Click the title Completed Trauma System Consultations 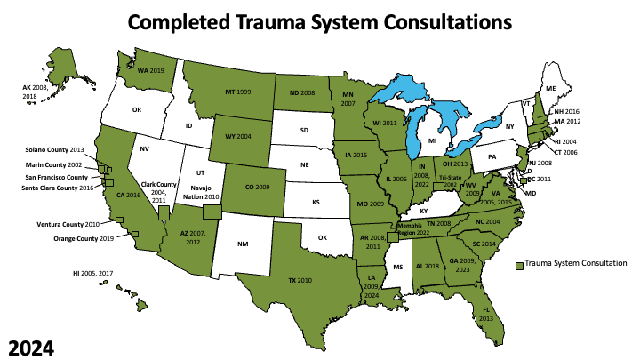[320, 21]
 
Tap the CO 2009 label [246, 188]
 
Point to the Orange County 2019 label [92, 239]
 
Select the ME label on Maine [550, 88]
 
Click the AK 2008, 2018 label [36, 91]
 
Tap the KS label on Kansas [316, 203]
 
